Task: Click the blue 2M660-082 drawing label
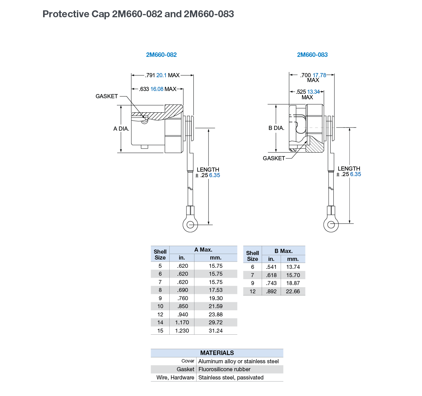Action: [161, 55]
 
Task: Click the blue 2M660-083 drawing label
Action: [312, 55]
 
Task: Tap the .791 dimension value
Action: [150, 75]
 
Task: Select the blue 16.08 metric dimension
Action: [157, 89]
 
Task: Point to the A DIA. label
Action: [121, 129]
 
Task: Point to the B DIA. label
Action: [276, 128]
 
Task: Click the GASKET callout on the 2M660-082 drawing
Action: [107, 96]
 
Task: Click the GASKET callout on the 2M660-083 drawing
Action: [274, 158]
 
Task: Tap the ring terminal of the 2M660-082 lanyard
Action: [190, 225]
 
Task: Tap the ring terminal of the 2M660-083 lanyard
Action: [331, 225]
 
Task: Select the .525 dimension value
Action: [301, 92]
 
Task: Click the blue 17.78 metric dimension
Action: [319, 75]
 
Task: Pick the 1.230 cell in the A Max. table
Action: [182, 331]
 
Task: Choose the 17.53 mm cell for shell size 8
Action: [216, 290]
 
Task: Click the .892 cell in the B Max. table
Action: [271, 291]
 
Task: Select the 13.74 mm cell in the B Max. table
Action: [293, 267]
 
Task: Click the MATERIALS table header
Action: [217, 353]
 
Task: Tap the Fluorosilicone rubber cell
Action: [224, 369]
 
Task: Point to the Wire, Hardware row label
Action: [175, 377]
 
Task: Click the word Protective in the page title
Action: [66, 14]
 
